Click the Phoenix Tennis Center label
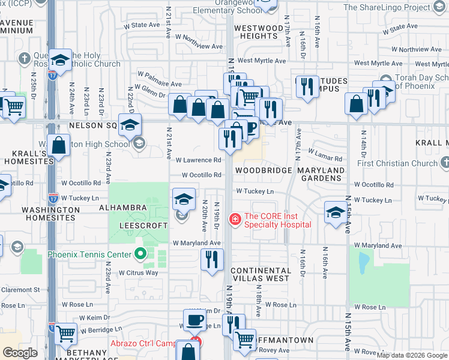[x=89, y=254]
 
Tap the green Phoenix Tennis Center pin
[x=140, y=254]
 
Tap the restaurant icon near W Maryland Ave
[x=212, y=260]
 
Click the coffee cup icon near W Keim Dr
[x=195, y=321]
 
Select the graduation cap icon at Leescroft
[x=184, y=199]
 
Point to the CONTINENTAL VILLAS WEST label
[x=260, y=274]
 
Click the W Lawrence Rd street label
[x=198, y=160]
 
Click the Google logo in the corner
[x=20, y=353]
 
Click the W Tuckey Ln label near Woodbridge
[x=255, y=191]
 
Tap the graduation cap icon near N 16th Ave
[x=336, y=212]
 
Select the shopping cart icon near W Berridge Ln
[x=65, y=334]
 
